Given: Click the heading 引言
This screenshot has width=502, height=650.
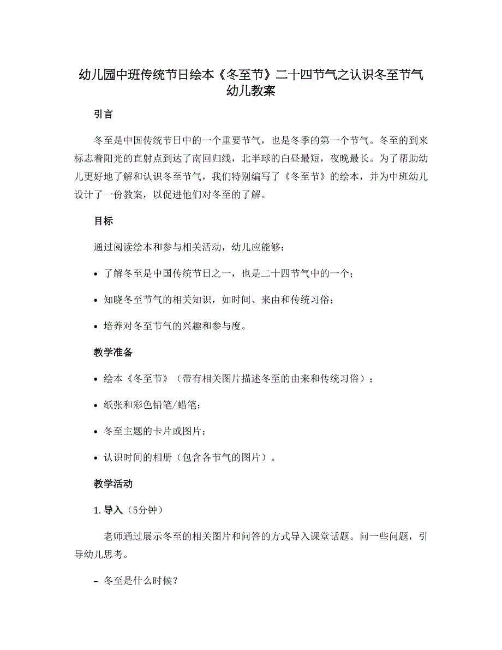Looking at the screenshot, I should pos(104,114).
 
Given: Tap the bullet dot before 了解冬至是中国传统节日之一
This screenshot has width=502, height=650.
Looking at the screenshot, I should pos(96,275).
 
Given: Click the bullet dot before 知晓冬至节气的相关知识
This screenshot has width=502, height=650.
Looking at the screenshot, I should pos(96,301).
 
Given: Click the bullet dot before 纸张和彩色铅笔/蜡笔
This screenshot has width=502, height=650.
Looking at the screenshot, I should pos(96,405).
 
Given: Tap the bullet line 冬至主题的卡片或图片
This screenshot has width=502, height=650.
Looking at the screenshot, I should pos(154,431).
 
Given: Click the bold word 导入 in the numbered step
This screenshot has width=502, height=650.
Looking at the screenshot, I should pos(113,510).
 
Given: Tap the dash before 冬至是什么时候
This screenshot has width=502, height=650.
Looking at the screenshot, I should pos(97,582).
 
